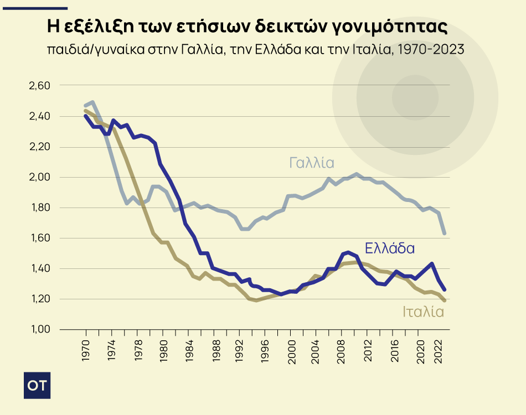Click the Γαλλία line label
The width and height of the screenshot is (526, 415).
(312, 163)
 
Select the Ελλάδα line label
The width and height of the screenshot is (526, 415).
(390, 248)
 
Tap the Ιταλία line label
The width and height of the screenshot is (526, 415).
(424, 312)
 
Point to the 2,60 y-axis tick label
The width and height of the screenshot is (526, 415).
(39, 86)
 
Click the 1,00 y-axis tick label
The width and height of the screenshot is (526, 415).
(39, 329)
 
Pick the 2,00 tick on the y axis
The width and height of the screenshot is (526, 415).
(39, 177)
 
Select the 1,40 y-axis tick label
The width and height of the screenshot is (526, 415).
(39, 268)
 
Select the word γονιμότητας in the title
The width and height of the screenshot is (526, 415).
(390, 27)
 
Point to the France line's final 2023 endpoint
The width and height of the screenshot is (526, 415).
(445, 234)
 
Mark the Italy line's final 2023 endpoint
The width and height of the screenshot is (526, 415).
(445, 300)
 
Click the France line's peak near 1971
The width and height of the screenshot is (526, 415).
(92, 102)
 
